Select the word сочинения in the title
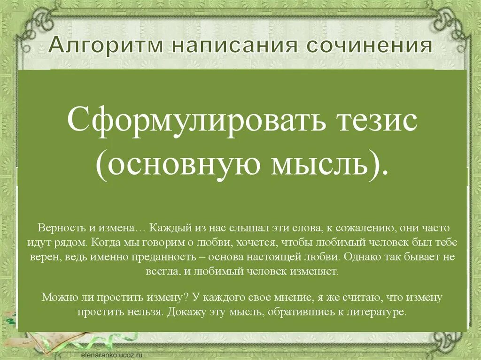369,46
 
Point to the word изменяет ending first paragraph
319,272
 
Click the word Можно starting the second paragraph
56,298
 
